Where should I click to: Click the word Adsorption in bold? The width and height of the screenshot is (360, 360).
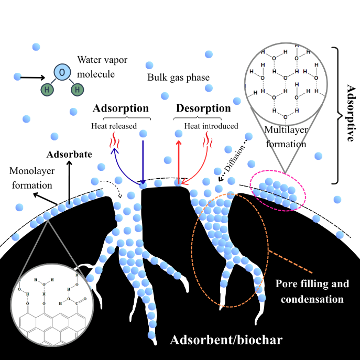[x=121, y=109]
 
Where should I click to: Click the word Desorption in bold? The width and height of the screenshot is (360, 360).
[x=203, y=109]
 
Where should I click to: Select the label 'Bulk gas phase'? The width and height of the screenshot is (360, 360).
[x=179, y=78]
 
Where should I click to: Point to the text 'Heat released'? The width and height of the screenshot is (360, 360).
[x=114, y=126]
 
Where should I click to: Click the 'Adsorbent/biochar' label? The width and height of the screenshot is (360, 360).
[x=226, y=341]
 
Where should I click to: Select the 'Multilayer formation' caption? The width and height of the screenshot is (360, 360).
[x=285, y=136]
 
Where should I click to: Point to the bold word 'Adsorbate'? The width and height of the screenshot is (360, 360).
[x=69, y=155]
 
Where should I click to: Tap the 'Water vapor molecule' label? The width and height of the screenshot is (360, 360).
[x=95, y=67]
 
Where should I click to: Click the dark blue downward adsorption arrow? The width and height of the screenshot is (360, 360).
[x=143, y=157]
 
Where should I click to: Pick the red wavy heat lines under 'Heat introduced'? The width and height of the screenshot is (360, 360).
[x=209, y=140]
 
